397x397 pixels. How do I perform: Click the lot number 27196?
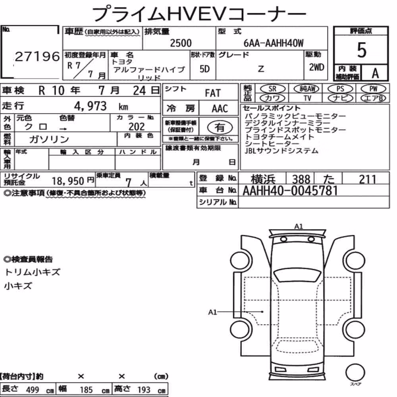[37, 56]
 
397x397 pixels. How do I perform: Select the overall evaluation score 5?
[362, 50]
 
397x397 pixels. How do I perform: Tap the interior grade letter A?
[375, 73]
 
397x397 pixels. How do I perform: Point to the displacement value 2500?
[181, 43]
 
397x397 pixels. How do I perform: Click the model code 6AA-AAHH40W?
[274, 43]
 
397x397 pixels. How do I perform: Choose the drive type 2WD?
[316, 67]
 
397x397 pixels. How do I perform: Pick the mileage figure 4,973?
[91, 106]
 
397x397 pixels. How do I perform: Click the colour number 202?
[137, 127]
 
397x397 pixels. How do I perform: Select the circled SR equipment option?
[272, 89]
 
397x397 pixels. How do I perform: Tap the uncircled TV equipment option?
[307, 98]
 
